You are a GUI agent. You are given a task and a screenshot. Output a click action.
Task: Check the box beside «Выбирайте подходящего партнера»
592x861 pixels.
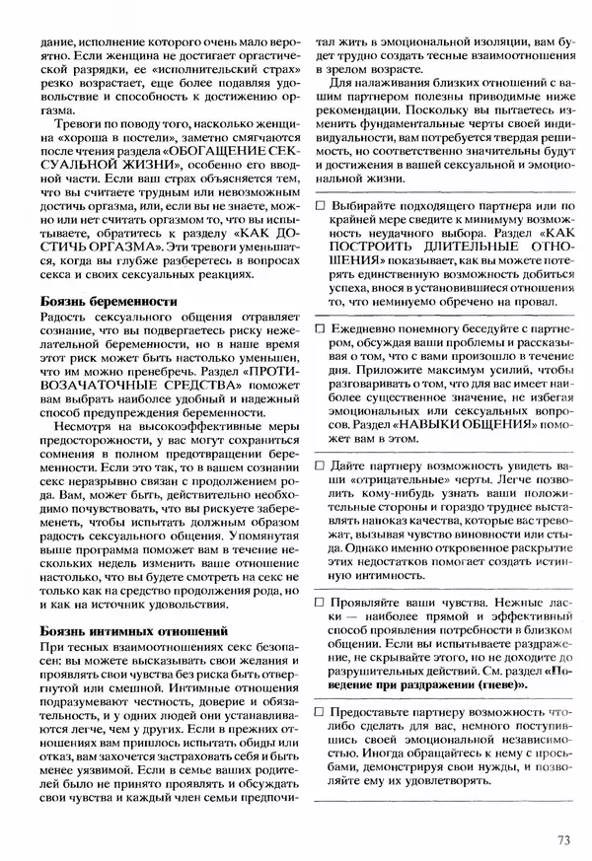click(321, 205)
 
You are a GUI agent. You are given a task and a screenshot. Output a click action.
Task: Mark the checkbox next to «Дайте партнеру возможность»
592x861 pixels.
click(321, 463)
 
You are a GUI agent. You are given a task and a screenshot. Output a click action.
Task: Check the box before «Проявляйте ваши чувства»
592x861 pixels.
click(321, 600)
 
